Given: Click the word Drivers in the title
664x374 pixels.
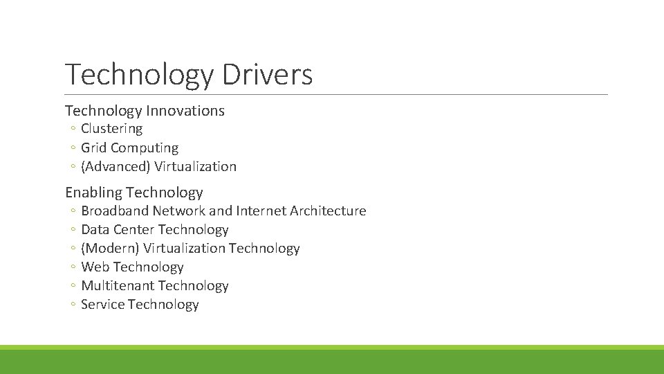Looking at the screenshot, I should pyautogui.click(x=267, y=75).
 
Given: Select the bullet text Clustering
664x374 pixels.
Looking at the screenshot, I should pyautogui.click(x=111, y=129).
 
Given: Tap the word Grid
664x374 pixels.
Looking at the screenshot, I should pyautogui.click(x=94, y=148).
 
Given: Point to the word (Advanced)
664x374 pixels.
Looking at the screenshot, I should pyautogui.click(x=116, y=166).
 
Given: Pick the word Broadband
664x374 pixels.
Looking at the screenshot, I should pyautogui.click(x=115, y=211).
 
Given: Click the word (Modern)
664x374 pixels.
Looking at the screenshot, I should pyautogui.click(x=110, y=248).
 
